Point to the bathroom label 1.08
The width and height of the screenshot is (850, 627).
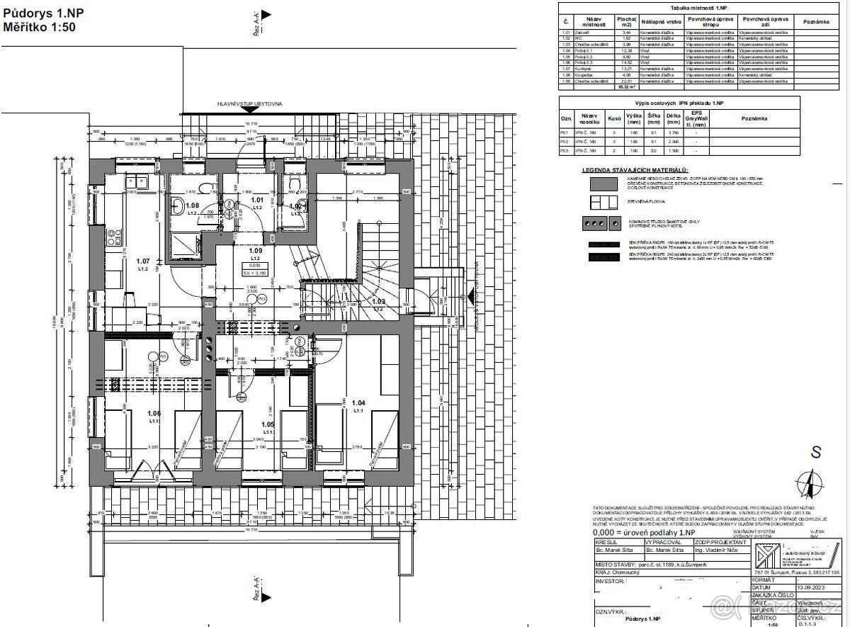tap(192, 205)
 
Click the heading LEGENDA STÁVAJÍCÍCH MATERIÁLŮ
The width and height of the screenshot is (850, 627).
tap(635, 171)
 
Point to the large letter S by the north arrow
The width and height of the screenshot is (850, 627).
tap(815, 451)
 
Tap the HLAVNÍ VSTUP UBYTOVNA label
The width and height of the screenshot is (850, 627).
tap(251, 103)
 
